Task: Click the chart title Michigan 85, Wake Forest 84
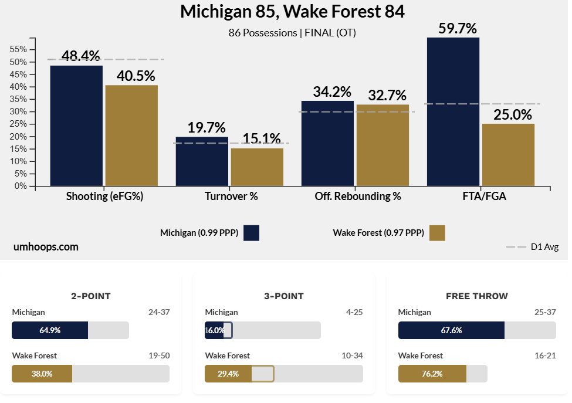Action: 292,12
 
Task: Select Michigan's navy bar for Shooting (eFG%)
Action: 76,126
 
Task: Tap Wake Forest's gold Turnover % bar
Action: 257,167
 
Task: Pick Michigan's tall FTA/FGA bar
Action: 453,111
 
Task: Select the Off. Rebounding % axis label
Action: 357,197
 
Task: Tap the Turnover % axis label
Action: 231,197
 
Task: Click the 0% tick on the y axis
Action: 21,186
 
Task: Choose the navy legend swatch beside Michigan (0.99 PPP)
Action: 251,233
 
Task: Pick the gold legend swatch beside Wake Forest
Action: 437,233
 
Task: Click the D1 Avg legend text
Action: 544,247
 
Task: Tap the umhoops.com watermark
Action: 46,247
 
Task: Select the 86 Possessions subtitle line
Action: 292,33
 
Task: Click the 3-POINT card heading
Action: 284,296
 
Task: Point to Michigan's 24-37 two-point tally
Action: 158,312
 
